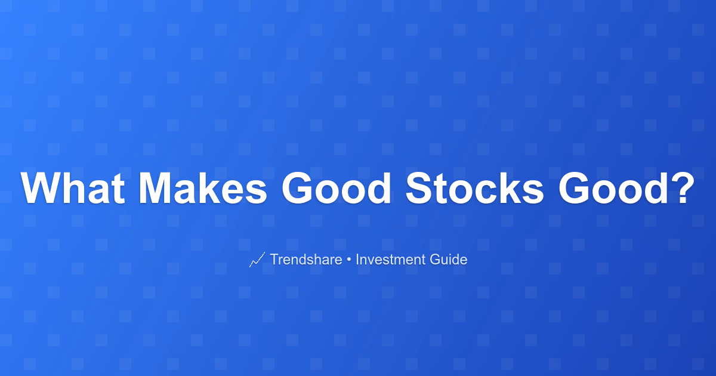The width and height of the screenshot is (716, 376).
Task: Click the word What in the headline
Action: click(x=73, y=188)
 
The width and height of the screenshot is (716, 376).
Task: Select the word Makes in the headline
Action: click(x=202, y=188)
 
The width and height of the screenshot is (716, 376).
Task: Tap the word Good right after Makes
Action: click(x=336, y=188)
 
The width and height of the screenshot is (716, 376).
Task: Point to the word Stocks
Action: click(x=474, y=188)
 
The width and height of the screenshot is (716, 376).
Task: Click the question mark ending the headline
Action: click(x=683, y=187)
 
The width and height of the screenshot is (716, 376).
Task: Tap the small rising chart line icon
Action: click(x=257, y=259)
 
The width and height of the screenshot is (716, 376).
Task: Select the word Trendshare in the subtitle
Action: click(x=306, y=259)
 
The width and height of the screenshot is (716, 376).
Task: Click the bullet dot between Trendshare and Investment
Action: click(x=348, y=260)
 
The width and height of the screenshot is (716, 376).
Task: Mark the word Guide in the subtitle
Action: click(x=449, y=259)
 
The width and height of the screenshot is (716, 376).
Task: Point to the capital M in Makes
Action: click(x=155, y=188)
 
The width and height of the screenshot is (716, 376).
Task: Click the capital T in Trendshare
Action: click(x=276, y=259)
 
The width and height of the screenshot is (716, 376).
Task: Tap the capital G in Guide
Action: click(x=436, y=259)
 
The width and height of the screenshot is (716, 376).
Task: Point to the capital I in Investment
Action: click(x=357, y=259)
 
